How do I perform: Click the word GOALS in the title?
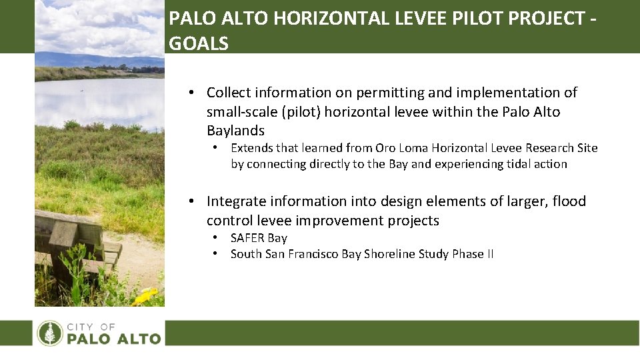tap(199, 44)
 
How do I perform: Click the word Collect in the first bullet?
tap(231, 93)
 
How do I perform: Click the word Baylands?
tap(235, 130)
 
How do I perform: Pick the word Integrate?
tap(236, 201)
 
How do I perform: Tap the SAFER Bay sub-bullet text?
tap(259, 238)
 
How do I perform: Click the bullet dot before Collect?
tap(191, 93)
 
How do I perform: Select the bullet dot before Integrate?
tap(191, 201)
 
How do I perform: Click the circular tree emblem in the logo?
tap(50, 333)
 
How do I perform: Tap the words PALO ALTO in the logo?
tap(114, 339)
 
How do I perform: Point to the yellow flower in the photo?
tap(147, 295)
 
